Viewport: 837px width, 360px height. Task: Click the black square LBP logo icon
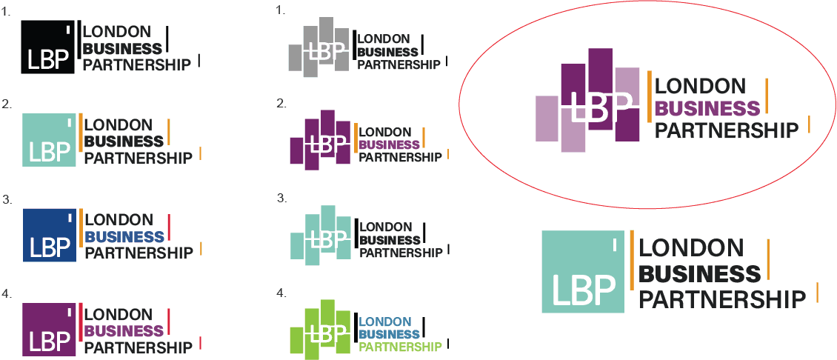[48, 46]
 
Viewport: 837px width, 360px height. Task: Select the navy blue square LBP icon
[50, 234]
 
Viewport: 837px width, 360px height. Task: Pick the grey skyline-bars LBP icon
[319, 48]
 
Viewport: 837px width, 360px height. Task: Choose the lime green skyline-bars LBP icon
[319, 329]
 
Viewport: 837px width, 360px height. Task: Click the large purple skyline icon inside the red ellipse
[588, 100]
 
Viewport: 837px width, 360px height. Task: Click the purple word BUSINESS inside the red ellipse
[707, 109]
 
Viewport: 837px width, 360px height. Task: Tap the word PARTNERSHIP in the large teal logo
[721, 299]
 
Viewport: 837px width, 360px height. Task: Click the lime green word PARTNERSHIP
[400, 347]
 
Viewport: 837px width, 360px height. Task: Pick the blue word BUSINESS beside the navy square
[124, 237]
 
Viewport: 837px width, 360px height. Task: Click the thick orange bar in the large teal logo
[632, 259]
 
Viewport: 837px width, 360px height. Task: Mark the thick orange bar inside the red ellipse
[649, 96]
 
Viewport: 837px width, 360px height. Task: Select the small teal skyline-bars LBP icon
[319, 236]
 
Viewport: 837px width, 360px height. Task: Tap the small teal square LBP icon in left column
[50, 140]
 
